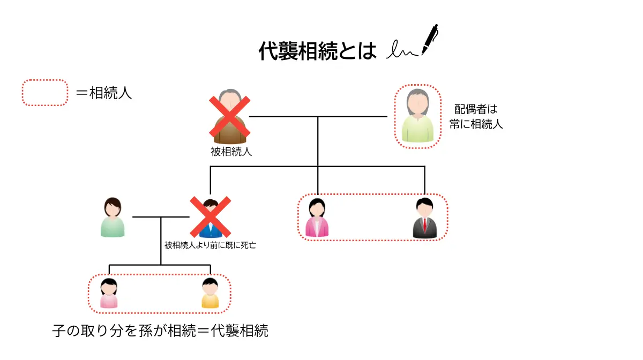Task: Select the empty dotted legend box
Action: coord(45,93)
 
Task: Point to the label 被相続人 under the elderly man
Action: coord(231,152)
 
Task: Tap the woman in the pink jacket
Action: coord(317,219)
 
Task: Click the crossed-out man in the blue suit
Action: coord(211,218)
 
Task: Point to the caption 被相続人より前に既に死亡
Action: coord(210,246)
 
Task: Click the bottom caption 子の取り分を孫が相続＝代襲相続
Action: coord(160,331)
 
